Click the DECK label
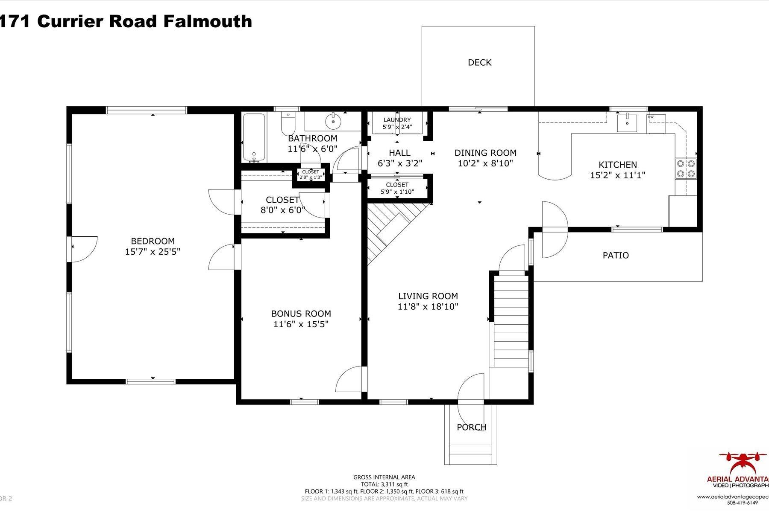(x=479, y=63)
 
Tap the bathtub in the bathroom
(x=254, y=137)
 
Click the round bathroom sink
(x=332, y=121)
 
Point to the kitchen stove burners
(x=685, y=168)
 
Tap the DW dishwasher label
(x=651, y=117)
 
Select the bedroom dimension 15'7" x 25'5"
(x=153, y=252)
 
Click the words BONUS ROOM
(x=301, y=314)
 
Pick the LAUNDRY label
(x=397, y=120)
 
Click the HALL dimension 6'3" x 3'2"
(x=399, y=163)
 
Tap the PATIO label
(x=615, y=256)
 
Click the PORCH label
(x=471, y=427)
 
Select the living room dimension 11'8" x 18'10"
(x=428, y=306)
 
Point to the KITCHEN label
(x=617, y=164)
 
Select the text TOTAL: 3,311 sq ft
(x=384, y=484)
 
